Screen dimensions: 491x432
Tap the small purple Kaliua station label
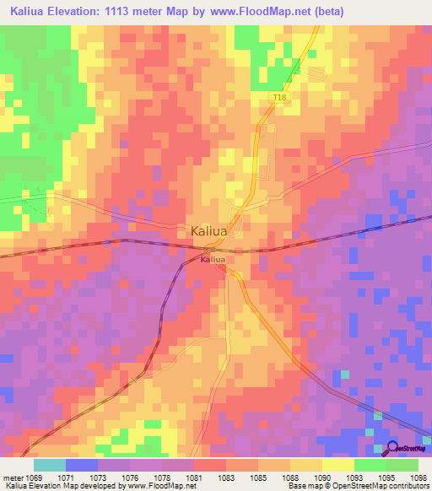click(213, 261)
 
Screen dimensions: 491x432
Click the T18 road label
click(279, 99)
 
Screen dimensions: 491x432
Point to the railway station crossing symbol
click(207, 251)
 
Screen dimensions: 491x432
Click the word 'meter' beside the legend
click(13, 477)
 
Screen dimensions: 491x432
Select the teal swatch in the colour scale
click(50, 465)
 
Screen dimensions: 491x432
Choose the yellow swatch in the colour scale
click(338, 465)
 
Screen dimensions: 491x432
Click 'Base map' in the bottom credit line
click(302, 486)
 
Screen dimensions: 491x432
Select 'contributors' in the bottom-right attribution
click(403, 486)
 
